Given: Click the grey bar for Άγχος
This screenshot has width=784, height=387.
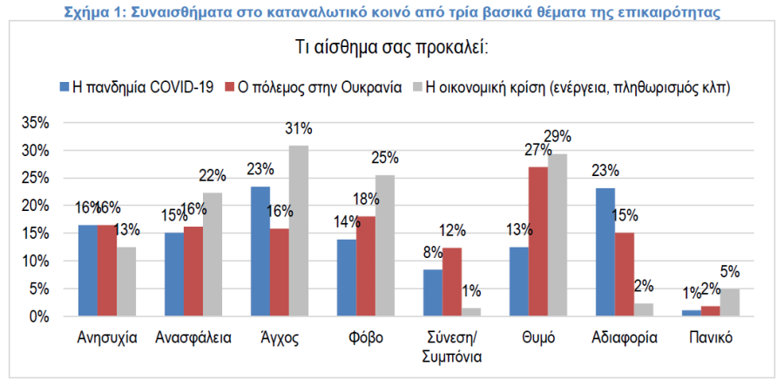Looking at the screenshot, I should (298, 231).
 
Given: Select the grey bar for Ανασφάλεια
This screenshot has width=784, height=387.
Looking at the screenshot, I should (212, 255).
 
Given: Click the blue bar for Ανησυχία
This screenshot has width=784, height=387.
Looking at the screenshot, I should (88, 270).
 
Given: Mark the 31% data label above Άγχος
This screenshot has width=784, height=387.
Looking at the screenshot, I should (298, 128).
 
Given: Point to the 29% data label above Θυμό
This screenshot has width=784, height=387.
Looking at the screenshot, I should (557, 136).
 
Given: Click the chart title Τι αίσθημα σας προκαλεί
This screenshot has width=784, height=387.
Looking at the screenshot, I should (391, 46).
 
